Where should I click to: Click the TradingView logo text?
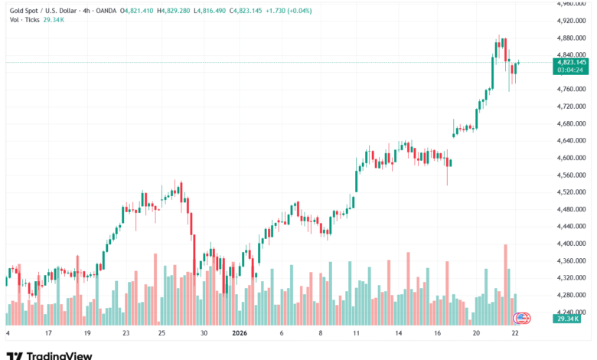click(59, 355)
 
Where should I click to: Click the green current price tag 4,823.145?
click(572, 62)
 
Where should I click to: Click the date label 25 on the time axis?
click(162, 334)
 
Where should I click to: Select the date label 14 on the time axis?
click(399, 334)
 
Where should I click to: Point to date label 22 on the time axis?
click(516, 334)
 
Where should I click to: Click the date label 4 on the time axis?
click(8, 334)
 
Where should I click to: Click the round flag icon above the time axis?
click(521, 317)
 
